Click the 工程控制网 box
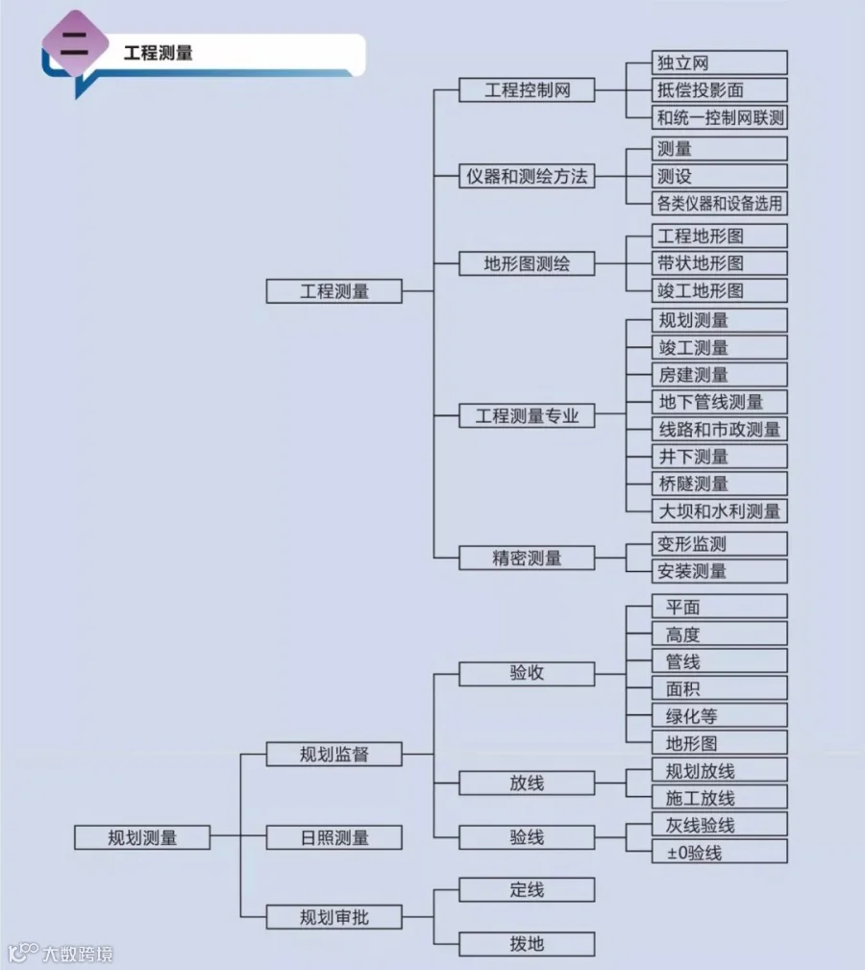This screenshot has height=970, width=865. [527, 90]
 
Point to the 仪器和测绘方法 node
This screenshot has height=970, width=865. [527, 177]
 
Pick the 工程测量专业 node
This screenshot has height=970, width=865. [527, 416]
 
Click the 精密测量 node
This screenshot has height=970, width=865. [527, 558]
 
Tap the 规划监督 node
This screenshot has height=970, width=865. [334, 755]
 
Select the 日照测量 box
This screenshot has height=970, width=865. [334, 837]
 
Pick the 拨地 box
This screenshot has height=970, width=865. [527, 944]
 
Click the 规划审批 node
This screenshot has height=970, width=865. [334, 918]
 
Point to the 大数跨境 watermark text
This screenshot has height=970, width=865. [77, 954]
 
